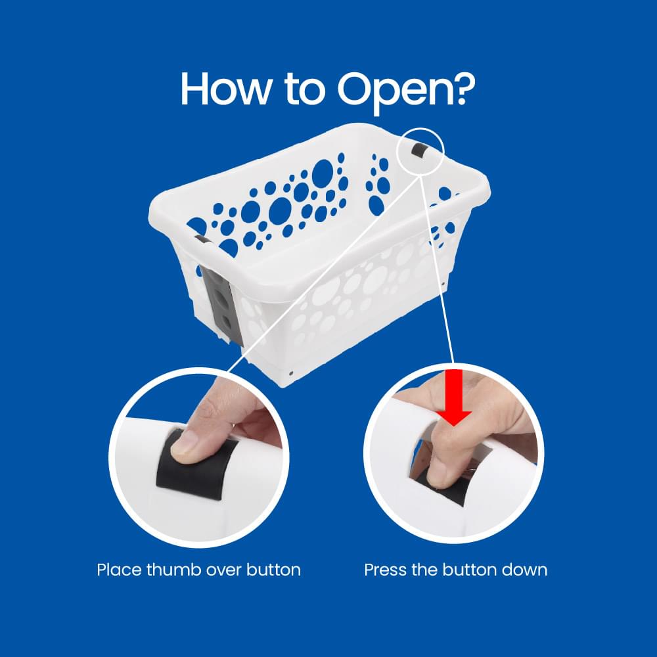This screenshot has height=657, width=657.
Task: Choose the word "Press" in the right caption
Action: click(386, 569)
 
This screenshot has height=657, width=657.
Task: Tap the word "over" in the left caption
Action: click(224, 569)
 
